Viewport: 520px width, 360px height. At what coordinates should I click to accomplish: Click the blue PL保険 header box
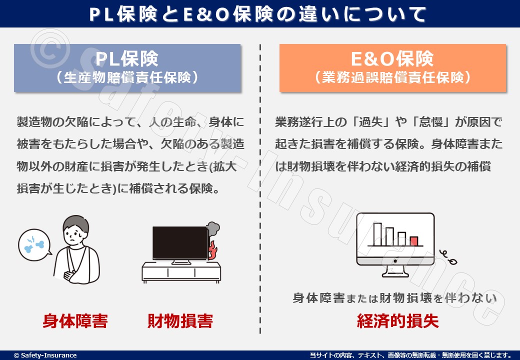click(x=127, y=68)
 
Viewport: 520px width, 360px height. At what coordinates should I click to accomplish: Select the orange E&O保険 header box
click(x=392, y=68)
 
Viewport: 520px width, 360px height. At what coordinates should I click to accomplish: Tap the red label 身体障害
click(x=75, y=321)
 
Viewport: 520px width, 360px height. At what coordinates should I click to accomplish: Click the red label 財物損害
click(x=180, y=321)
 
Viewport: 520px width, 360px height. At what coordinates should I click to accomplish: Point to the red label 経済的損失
click(x=397, y=321)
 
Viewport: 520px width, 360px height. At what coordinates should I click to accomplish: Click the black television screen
click(x=180, y=243)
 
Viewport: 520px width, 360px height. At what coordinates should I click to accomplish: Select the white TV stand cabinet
click(x=181, y=272)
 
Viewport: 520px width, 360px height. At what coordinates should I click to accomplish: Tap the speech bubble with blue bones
click(x=34, y=244)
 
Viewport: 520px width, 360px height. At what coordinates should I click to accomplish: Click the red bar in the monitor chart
click(x=414, y=241)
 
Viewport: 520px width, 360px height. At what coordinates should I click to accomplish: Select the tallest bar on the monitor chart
click(x=377, y=234)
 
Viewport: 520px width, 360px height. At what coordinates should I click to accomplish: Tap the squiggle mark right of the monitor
click(x=448, y=257)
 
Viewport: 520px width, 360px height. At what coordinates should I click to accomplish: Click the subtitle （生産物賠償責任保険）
click(x=127, y=78)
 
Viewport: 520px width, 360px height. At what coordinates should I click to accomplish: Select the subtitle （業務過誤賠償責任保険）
click(x=392, y=78)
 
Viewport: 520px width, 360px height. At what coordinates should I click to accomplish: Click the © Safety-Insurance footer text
click(x=45, y=355)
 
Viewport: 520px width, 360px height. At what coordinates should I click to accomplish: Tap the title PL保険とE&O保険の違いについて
click(x=257, y=14)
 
